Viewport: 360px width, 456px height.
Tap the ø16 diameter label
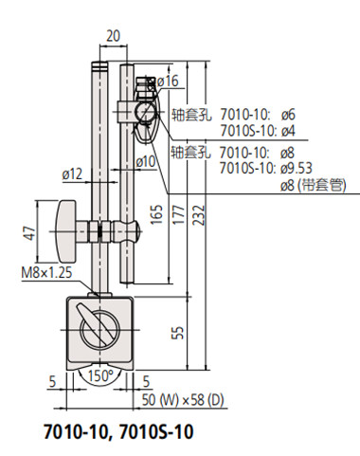click(x=169, y=82)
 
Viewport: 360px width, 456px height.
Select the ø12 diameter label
click(x=74, y=173)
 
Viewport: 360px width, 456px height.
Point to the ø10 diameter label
click(x=146, y=162)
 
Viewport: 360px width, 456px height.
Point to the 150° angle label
click(x=101, y=376)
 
